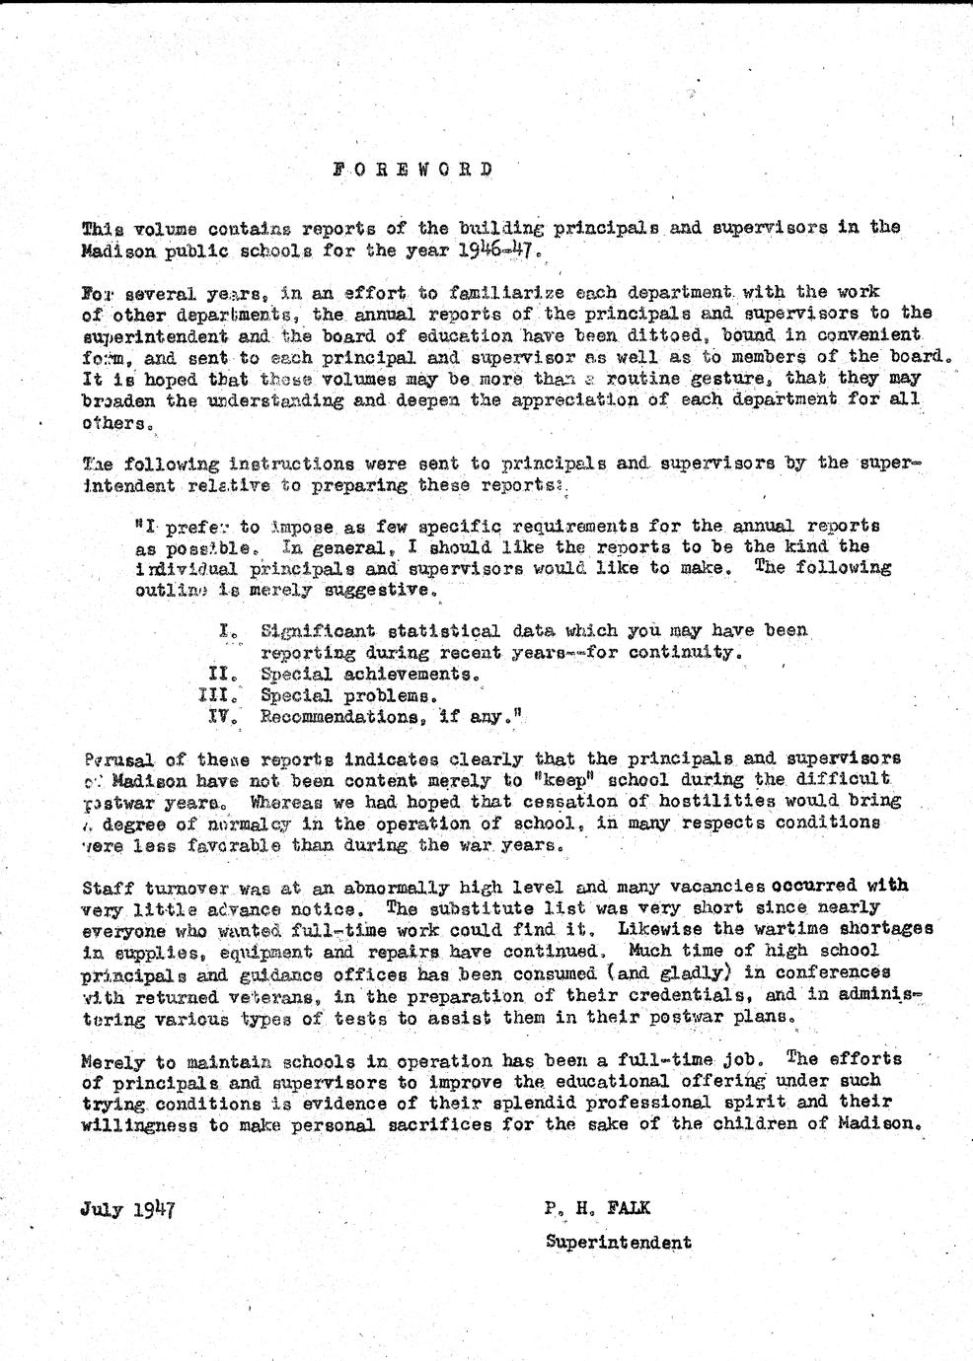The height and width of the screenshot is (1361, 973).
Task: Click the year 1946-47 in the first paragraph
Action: [500, 249]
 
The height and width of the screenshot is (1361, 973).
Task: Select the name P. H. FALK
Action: [596, 1208]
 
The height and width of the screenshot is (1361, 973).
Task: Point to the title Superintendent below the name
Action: [618, 1243]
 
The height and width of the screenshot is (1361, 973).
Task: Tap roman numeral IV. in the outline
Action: [222, 718]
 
